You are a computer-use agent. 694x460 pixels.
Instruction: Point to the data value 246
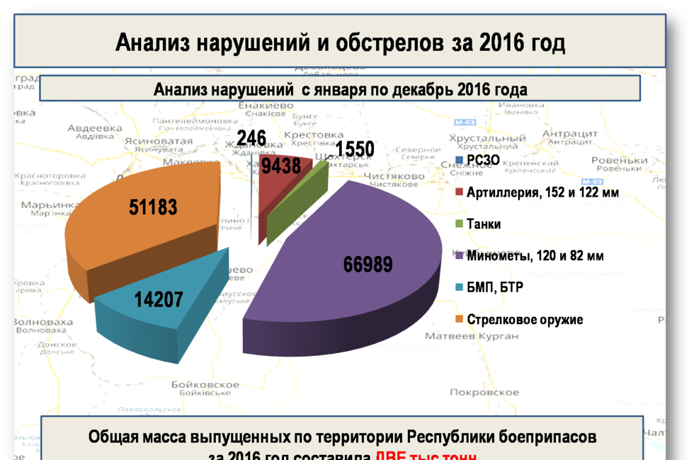(251, 138)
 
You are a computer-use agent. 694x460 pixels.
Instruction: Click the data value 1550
(355, 149)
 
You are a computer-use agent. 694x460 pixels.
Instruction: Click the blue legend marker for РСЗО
(460, 160)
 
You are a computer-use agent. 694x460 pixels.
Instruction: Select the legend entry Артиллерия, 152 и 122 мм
(542, 192)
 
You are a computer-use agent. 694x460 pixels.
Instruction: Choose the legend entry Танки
(484, 224)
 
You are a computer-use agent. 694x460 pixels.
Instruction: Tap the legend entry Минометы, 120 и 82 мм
(535, 255)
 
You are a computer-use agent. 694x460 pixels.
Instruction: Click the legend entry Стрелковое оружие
(525, 319)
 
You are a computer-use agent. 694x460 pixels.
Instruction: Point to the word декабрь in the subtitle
(422, 90)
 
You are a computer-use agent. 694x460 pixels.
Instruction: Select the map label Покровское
(484, 392)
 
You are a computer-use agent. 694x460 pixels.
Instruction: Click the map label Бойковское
(205, 384)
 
